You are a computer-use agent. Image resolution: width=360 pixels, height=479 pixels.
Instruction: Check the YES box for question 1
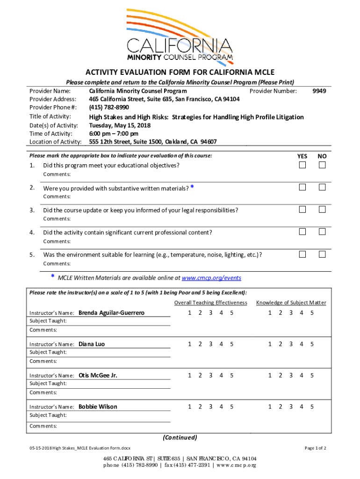[302, 165]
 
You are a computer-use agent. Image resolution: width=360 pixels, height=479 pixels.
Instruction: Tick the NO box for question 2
[322, 187]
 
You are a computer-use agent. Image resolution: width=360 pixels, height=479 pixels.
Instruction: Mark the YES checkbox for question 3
[302, 210]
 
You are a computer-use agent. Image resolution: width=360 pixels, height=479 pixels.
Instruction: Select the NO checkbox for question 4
[322, 232]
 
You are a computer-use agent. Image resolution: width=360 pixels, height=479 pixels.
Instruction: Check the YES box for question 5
[302, 254]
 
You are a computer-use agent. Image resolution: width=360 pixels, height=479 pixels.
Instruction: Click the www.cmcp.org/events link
[211, 278]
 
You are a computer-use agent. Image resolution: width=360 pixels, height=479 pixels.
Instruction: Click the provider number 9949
[319, 91]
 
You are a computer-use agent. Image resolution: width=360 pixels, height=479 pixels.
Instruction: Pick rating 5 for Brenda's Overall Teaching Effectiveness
[232, 312]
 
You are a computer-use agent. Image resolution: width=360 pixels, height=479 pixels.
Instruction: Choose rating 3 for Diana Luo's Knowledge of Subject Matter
[291, 344]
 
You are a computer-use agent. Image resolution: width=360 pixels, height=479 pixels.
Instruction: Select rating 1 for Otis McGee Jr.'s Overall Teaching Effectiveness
[189, 375]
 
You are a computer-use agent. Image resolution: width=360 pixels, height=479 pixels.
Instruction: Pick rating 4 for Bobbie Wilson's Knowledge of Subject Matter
[302, 406]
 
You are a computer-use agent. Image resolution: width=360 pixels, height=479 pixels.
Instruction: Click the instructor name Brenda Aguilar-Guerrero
[111, 312]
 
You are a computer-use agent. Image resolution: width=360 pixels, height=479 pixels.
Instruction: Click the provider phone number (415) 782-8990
[109, 108]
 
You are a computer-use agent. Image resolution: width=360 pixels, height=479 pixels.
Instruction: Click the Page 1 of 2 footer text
[315, 448]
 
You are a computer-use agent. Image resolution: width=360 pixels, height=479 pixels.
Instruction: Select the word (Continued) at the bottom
[180, 438]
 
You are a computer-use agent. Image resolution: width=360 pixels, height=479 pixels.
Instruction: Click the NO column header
[322, 156]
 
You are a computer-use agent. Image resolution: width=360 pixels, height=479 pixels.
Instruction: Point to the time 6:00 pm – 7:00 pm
[114, 133]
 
